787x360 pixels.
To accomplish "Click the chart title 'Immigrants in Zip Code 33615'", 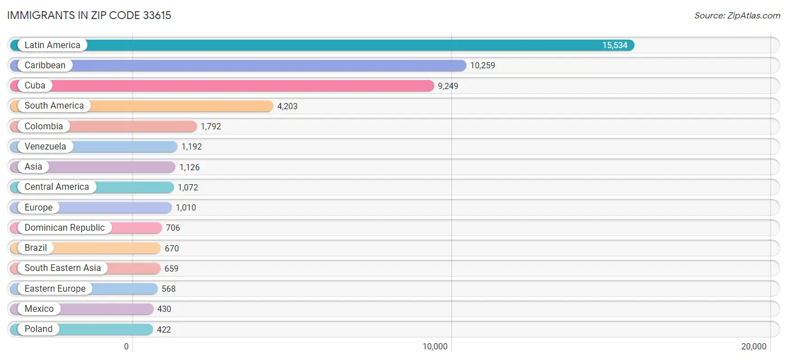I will click(x=89, y=15).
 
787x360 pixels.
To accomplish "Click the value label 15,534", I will click(x=615, y=45).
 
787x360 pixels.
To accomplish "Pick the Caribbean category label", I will click(x=45, y=66).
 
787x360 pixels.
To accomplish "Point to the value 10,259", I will click(x=482, y=66).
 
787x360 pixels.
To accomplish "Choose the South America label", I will click(x=54, y=106).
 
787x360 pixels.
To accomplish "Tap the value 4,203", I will click(x=287, y=106).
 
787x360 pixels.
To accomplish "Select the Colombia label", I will click(x=44, y=127).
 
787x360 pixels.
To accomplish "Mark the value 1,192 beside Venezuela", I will click(x=191, y=147).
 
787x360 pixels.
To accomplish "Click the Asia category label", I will click(x=34, y=167).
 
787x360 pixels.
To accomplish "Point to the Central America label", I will click(x=57, y=187).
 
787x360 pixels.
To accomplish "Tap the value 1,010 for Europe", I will click(x=186, y=208).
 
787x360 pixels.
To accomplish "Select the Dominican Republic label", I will click(x=64, y=228).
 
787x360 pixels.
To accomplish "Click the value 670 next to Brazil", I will click(x=171, y=248).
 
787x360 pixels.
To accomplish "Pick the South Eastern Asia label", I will click(x=63, y=268).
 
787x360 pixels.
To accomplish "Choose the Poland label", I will click(x=39, y=329).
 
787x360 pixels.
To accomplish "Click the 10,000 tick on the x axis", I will click(x=435, y=347).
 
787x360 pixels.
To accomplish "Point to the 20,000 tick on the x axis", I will click(x=754, y=347).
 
